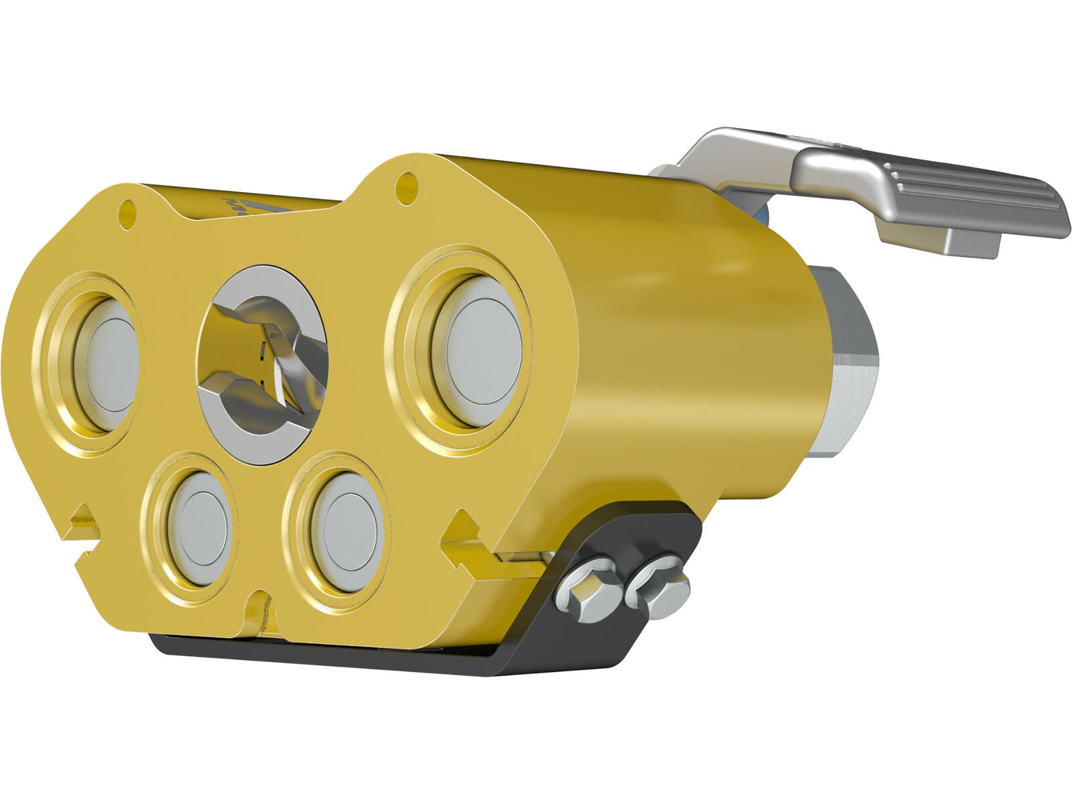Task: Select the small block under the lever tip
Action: coord(972,241)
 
